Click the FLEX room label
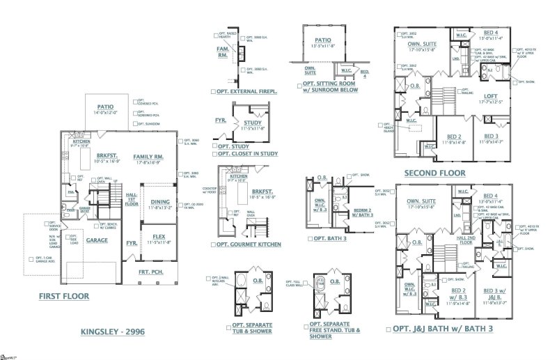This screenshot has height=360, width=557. pyautogui.click(x=159, y=237)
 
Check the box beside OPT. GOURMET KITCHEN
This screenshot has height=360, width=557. pyautogui.click(x=212, y=245)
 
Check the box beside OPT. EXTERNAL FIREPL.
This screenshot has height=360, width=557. pyautogui.click(x=212, y=91)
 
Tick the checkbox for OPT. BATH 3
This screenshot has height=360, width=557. pyautogui.click(x=310, y=238)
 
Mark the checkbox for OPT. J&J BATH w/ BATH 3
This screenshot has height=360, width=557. pyautogui.click(x=388, y=328)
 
